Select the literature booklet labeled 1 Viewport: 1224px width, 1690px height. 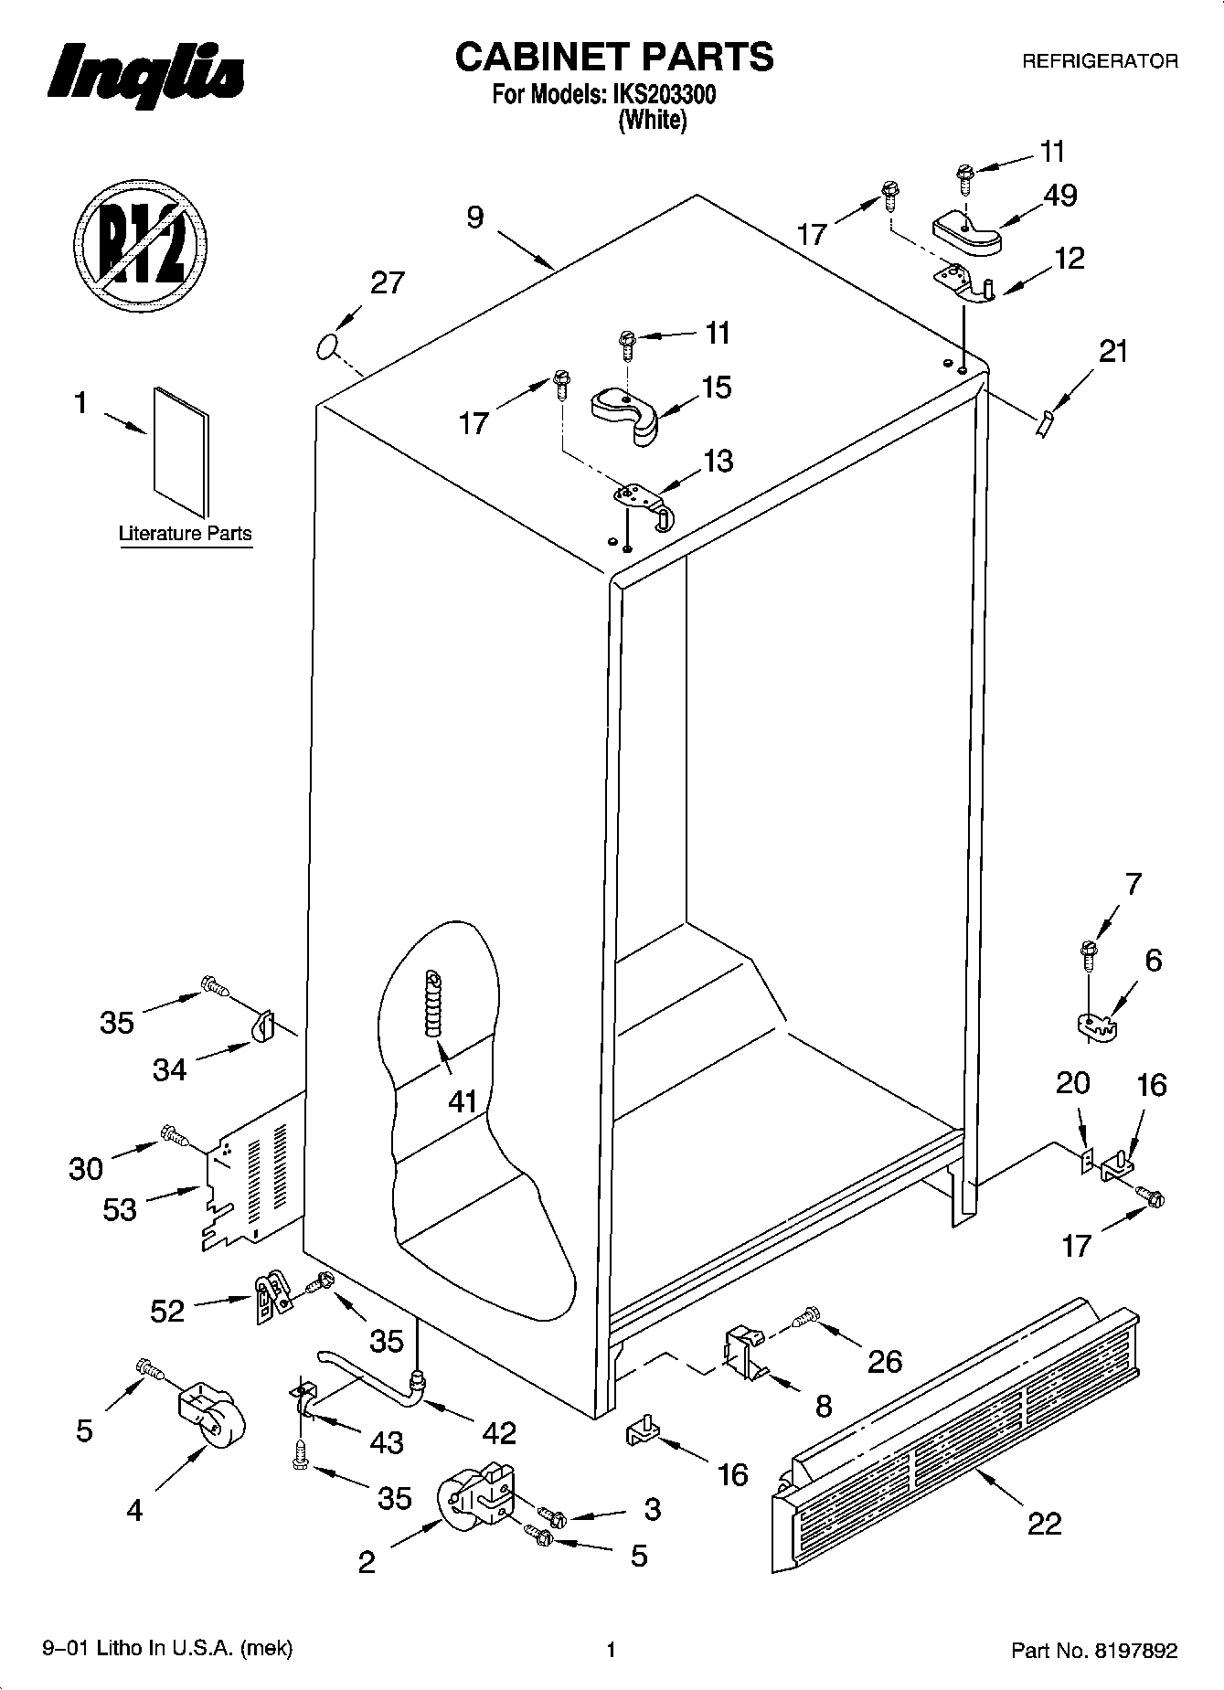click(181, 452)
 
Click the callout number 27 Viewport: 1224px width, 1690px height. click(387, 282)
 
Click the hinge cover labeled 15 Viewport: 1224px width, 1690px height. click(627, 414)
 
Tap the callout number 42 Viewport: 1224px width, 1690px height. click(498, 1431)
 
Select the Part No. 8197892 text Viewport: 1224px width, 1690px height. click(1093, 1649)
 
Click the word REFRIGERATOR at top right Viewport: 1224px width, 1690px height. click(1099, 61)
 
